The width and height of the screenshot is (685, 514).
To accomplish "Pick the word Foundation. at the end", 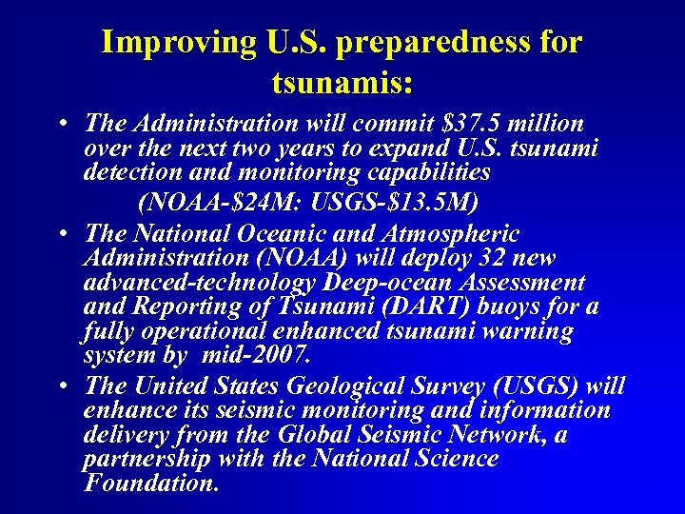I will (x=152, y=483).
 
